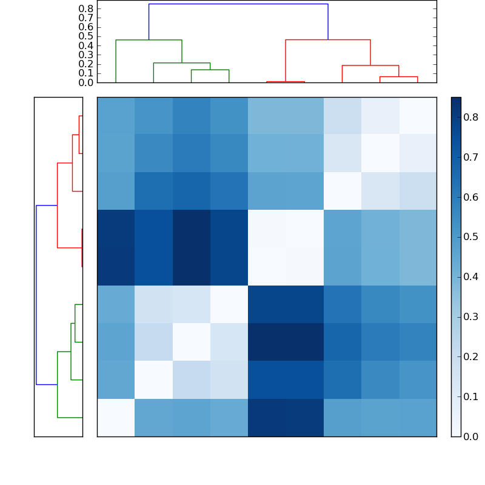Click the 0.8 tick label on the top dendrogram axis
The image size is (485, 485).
coord(86,9)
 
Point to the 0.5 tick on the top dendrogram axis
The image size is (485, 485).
coord(86,36)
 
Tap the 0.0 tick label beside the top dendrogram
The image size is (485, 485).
coord(86,82)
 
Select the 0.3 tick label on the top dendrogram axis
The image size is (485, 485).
coord(86,55)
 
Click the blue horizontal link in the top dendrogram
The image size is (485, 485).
coord(238,4)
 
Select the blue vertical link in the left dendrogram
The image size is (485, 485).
coord(36,295)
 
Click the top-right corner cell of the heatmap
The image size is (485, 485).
coord(418,116)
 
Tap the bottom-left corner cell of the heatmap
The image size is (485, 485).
coord(116,418)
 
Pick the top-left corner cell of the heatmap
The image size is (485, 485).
coord(116,116)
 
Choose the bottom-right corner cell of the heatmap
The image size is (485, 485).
coord(418,418)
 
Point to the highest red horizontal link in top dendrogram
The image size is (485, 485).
coord(327,40)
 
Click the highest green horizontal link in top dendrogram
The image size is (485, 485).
coord(149,40)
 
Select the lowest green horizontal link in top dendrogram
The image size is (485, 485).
coord(210,70)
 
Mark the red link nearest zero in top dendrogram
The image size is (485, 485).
coord(285,81)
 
